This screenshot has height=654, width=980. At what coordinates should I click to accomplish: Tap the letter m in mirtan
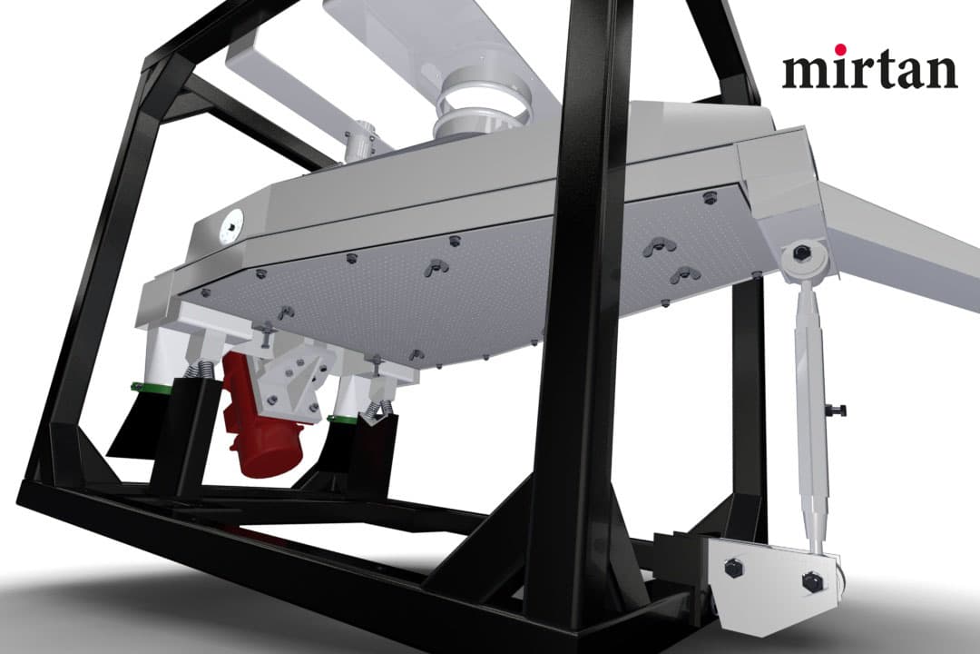pyautogui.click(x=807, y=72)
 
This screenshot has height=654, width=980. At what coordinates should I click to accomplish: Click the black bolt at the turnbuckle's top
pyautogui.click(x=799, y=254)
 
